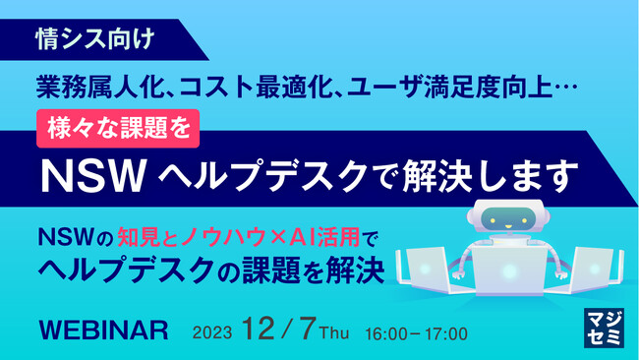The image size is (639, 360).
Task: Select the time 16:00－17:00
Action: (x=416, y=331)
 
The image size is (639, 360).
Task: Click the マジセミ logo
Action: (x=598, y=329)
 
